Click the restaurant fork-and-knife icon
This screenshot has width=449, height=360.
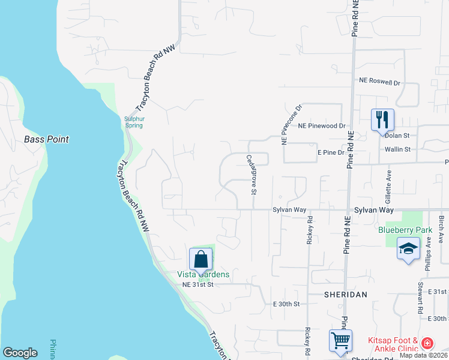click(x=382, y=119)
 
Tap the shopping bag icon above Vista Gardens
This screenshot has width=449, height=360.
click(x=201, y=259)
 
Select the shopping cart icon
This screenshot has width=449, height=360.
click(x=341, y=341)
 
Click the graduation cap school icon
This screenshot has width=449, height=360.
click(x=408, y=250)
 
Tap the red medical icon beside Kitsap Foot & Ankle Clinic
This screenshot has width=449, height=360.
click(x=427, y=344)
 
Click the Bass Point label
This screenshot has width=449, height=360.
click(x=46, y=139)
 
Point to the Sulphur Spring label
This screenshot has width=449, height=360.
click(x=134, y=122)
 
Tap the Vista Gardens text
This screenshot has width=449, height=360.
click(x=203, y=274)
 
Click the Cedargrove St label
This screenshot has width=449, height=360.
click(x=252, y=175)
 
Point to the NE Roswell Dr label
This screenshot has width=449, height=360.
click(x=379, y=81)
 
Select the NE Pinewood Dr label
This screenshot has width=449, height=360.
click(x=322, y=127)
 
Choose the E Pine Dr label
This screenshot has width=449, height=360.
click(x=331, y=153)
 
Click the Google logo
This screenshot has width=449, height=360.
click(x=20, y=353)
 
